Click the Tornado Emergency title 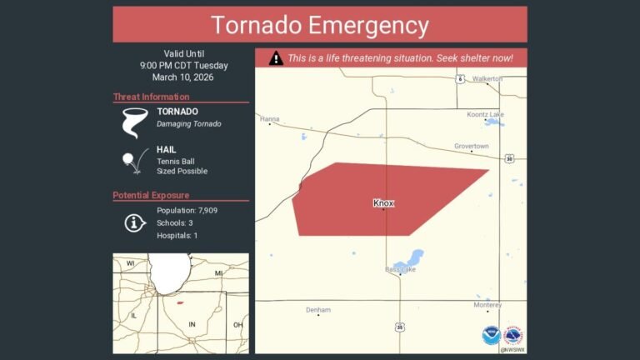click(319, 25)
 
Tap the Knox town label click(383, 202)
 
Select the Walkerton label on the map click(487, 79)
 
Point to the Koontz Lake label click(485, 113)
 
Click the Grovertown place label click(472, 146)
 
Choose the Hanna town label click(269, 119)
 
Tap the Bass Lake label click(400, 269)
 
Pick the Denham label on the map click(318, 310)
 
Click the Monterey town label click(487, 306)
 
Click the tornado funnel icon click(132, 121)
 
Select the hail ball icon click(130, 160)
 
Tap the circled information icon click(135, 222)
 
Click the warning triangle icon click(276, 58)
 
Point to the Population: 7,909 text click(187, 210)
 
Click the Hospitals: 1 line click(177, 236)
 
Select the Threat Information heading click(151, 97)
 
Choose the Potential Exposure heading click(151, 196)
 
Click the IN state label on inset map click(192, 323)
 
